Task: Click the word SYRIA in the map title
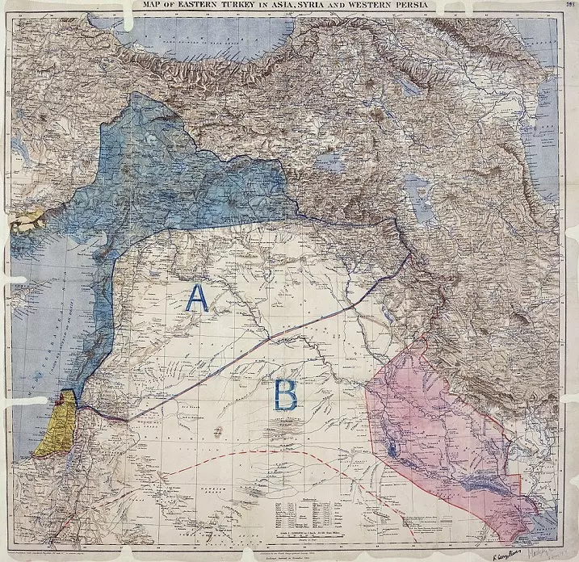[299, 8]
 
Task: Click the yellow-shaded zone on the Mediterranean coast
[58, 426]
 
